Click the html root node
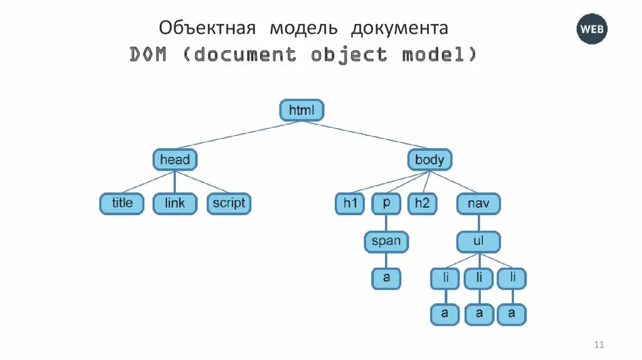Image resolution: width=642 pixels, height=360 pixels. click(301, 111)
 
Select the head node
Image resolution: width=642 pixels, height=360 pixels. click(175, 159)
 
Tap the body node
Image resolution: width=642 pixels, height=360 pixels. click(429, 159)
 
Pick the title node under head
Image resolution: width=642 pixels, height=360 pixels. click(122, 203)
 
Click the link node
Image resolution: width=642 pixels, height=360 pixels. click(175, 203)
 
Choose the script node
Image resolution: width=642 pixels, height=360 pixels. click(228, 203)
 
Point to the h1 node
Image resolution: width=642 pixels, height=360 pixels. click(349, 203)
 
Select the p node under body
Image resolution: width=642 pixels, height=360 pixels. click(386, 203)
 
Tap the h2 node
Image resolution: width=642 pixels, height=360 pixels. click(421, 203)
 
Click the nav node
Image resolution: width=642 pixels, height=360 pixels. click(478, 203)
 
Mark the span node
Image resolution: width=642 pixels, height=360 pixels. click(386, 241)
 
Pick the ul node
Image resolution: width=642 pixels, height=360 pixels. click(478, 241)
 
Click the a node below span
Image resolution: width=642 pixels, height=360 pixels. click(386, 278)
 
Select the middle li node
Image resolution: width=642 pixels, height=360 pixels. click(478, 278)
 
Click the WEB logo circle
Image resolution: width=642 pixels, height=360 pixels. click(592, 29)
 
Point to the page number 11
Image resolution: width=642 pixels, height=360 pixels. click(598, 344)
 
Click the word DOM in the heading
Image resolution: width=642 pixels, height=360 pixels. click(149, 55)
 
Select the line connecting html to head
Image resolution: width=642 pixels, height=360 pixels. click(238, 135)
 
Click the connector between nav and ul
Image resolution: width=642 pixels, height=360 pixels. click(478, 223)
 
